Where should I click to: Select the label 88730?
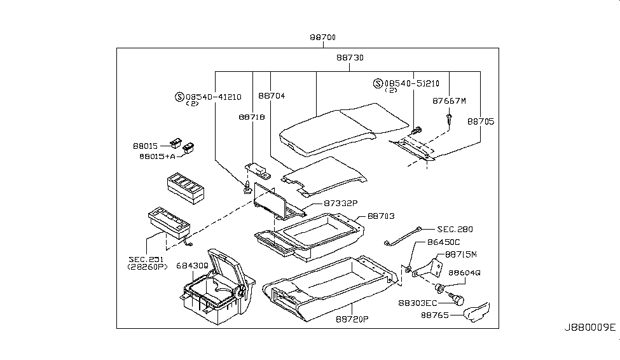point(350,58)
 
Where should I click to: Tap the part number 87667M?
point(450,100)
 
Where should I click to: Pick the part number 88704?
point(272,96)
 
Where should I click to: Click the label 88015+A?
point(159,155)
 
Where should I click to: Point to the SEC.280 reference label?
point(455,229)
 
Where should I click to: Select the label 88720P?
point(352,319)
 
